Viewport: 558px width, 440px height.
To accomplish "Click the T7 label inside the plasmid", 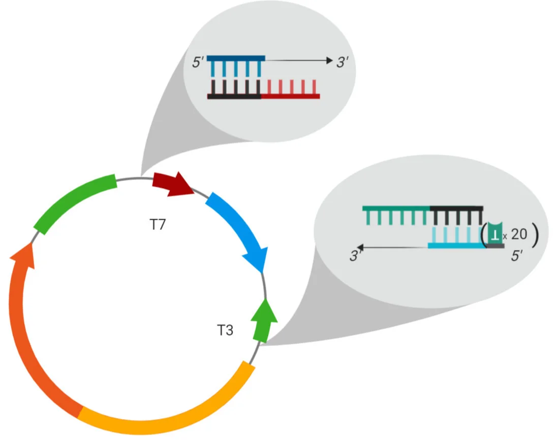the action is click(158, 224).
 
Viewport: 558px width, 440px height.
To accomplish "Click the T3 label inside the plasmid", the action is click(225, 330).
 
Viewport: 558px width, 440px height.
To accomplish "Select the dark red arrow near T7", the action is click(173, 184).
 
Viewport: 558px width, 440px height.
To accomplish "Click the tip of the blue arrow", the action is click(263, 273).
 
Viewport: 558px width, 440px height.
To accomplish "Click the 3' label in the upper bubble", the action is click(342, 62).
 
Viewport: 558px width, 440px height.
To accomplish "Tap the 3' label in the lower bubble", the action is click(355, 255).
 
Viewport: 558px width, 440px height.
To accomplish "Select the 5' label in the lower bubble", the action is click(517, 255).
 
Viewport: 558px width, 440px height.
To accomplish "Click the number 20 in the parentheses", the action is click(519, 234).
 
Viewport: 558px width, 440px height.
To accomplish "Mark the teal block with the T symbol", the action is click(495, 233).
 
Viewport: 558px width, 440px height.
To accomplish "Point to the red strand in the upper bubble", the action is click(290, 96).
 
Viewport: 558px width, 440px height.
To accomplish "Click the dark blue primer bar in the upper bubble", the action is click(236, 58).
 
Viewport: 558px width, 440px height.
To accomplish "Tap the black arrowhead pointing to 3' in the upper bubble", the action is click(329, 60).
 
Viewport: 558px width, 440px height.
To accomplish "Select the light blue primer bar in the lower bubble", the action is click(457, 246).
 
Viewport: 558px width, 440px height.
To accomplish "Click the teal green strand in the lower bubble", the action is click(396, 208).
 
